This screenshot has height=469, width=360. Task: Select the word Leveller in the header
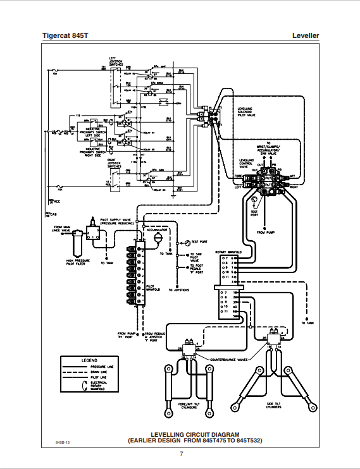(306, 36)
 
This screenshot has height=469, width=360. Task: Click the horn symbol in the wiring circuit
(163, 101)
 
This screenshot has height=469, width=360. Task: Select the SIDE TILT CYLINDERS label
(273, 406)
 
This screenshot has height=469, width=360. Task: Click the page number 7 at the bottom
(181, 453)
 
